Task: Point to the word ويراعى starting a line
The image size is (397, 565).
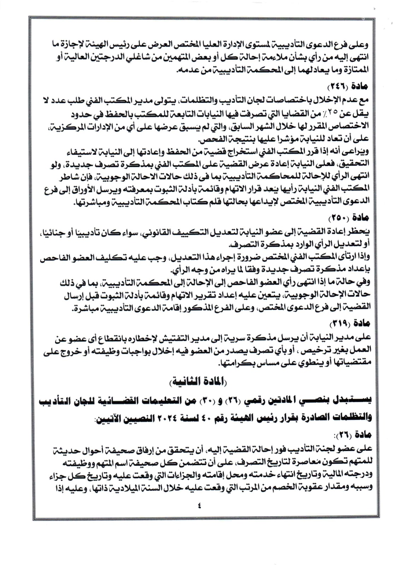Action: click(357, 153)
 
